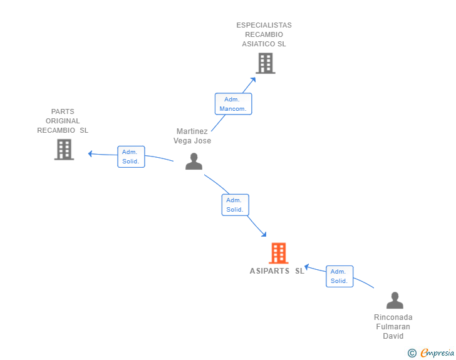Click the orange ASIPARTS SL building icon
click(279, 253)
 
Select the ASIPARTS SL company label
click(277, 271)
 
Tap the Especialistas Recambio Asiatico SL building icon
click(266, 63)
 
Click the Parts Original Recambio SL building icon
click(64, 150)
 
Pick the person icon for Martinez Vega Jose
click(194, 161)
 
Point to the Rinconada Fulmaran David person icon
click(395, 300)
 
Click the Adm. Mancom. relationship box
click(233, 104)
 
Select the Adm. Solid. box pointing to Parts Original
click(131, 157)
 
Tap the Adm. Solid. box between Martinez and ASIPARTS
click(236, 205)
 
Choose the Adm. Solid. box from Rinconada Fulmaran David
click(339, 276)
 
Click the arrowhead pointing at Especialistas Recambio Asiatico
click(253, 80)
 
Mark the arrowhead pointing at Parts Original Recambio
click(90, 153)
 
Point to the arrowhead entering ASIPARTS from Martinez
click(264, 234)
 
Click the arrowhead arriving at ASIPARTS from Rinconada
click(307, 267)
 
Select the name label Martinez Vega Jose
click(192, 136)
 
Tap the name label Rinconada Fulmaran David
click(393, 327)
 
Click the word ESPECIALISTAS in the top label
click(264, 25)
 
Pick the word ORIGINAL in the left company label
click(63, 121)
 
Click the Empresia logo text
click(437, 352)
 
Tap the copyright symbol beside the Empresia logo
click(412, 353)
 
